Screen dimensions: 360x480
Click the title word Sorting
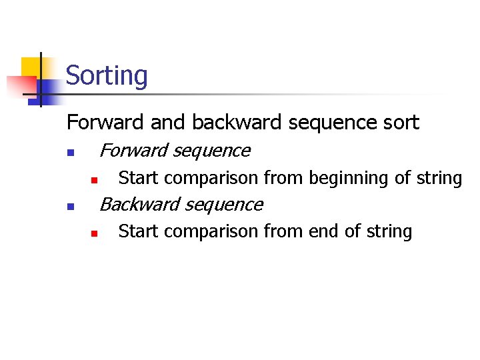[x=107, y=76]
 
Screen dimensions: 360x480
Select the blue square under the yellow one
[x=48, y=90]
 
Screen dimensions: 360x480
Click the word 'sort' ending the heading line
[x=401, y=123]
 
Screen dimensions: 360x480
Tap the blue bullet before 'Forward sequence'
[x=70, y=153]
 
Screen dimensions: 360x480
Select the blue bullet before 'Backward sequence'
[x=70, y=207]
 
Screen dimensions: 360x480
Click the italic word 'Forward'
[x=133, y=151]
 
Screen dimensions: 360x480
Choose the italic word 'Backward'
[x=137, y=204]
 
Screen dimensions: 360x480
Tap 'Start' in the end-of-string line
[x=138, y=231]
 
